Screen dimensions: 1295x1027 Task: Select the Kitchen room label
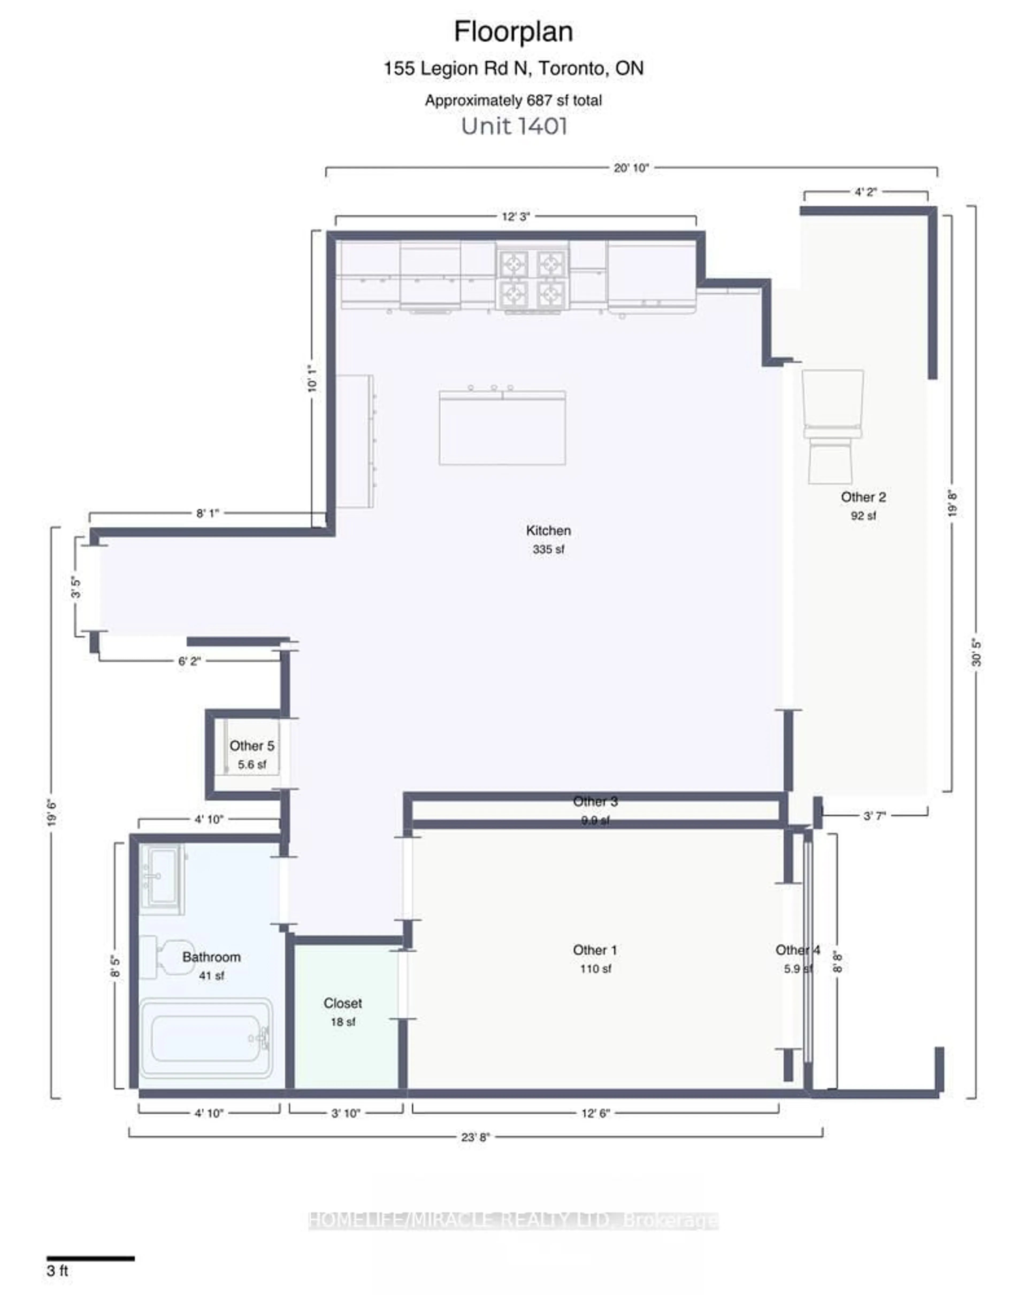coord(548,530)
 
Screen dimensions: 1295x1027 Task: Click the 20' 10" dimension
coord(631,168)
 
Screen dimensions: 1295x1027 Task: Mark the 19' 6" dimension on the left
coord(52,813)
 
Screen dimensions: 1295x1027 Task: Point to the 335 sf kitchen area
coord(548,549)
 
